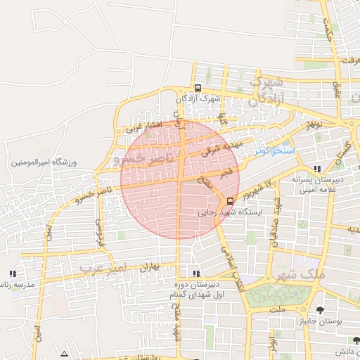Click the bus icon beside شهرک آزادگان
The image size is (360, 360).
pos(198,89)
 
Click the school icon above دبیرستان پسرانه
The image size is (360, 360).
pos(318,169)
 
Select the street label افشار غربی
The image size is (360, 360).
pos(144,127)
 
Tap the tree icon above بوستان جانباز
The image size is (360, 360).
pos(321,310)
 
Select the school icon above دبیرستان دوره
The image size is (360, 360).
pos(195,273)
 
